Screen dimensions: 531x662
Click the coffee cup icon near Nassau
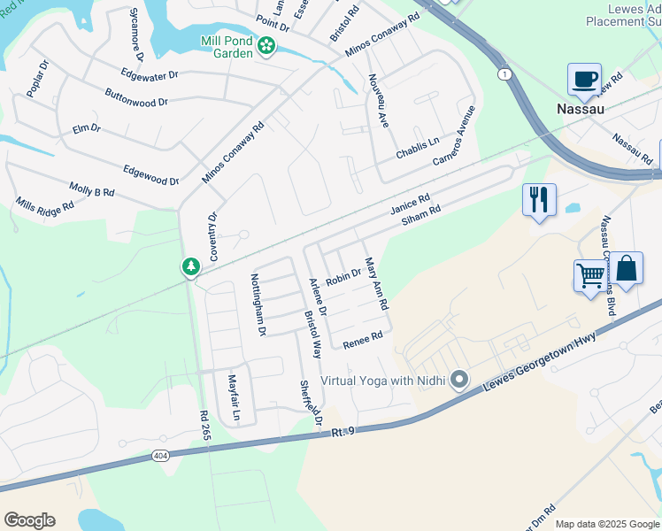pos(584,80)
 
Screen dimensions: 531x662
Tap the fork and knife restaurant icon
pos(539,199)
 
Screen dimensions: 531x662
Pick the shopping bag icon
pos(626,269)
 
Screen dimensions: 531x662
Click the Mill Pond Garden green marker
pos(266,46)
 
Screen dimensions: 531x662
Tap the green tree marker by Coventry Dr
pos(190,265)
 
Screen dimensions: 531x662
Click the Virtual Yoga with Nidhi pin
pos(458,381)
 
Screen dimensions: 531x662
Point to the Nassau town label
pos(581,109)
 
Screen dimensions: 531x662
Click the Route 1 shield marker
pos(504,73)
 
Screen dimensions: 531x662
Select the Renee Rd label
pos(363,337)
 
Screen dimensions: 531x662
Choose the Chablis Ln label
pos(418,143)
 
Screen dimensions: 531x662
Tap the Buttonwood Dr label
pos(135,97)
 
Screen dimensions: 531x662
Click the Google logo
pos(29,519)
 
